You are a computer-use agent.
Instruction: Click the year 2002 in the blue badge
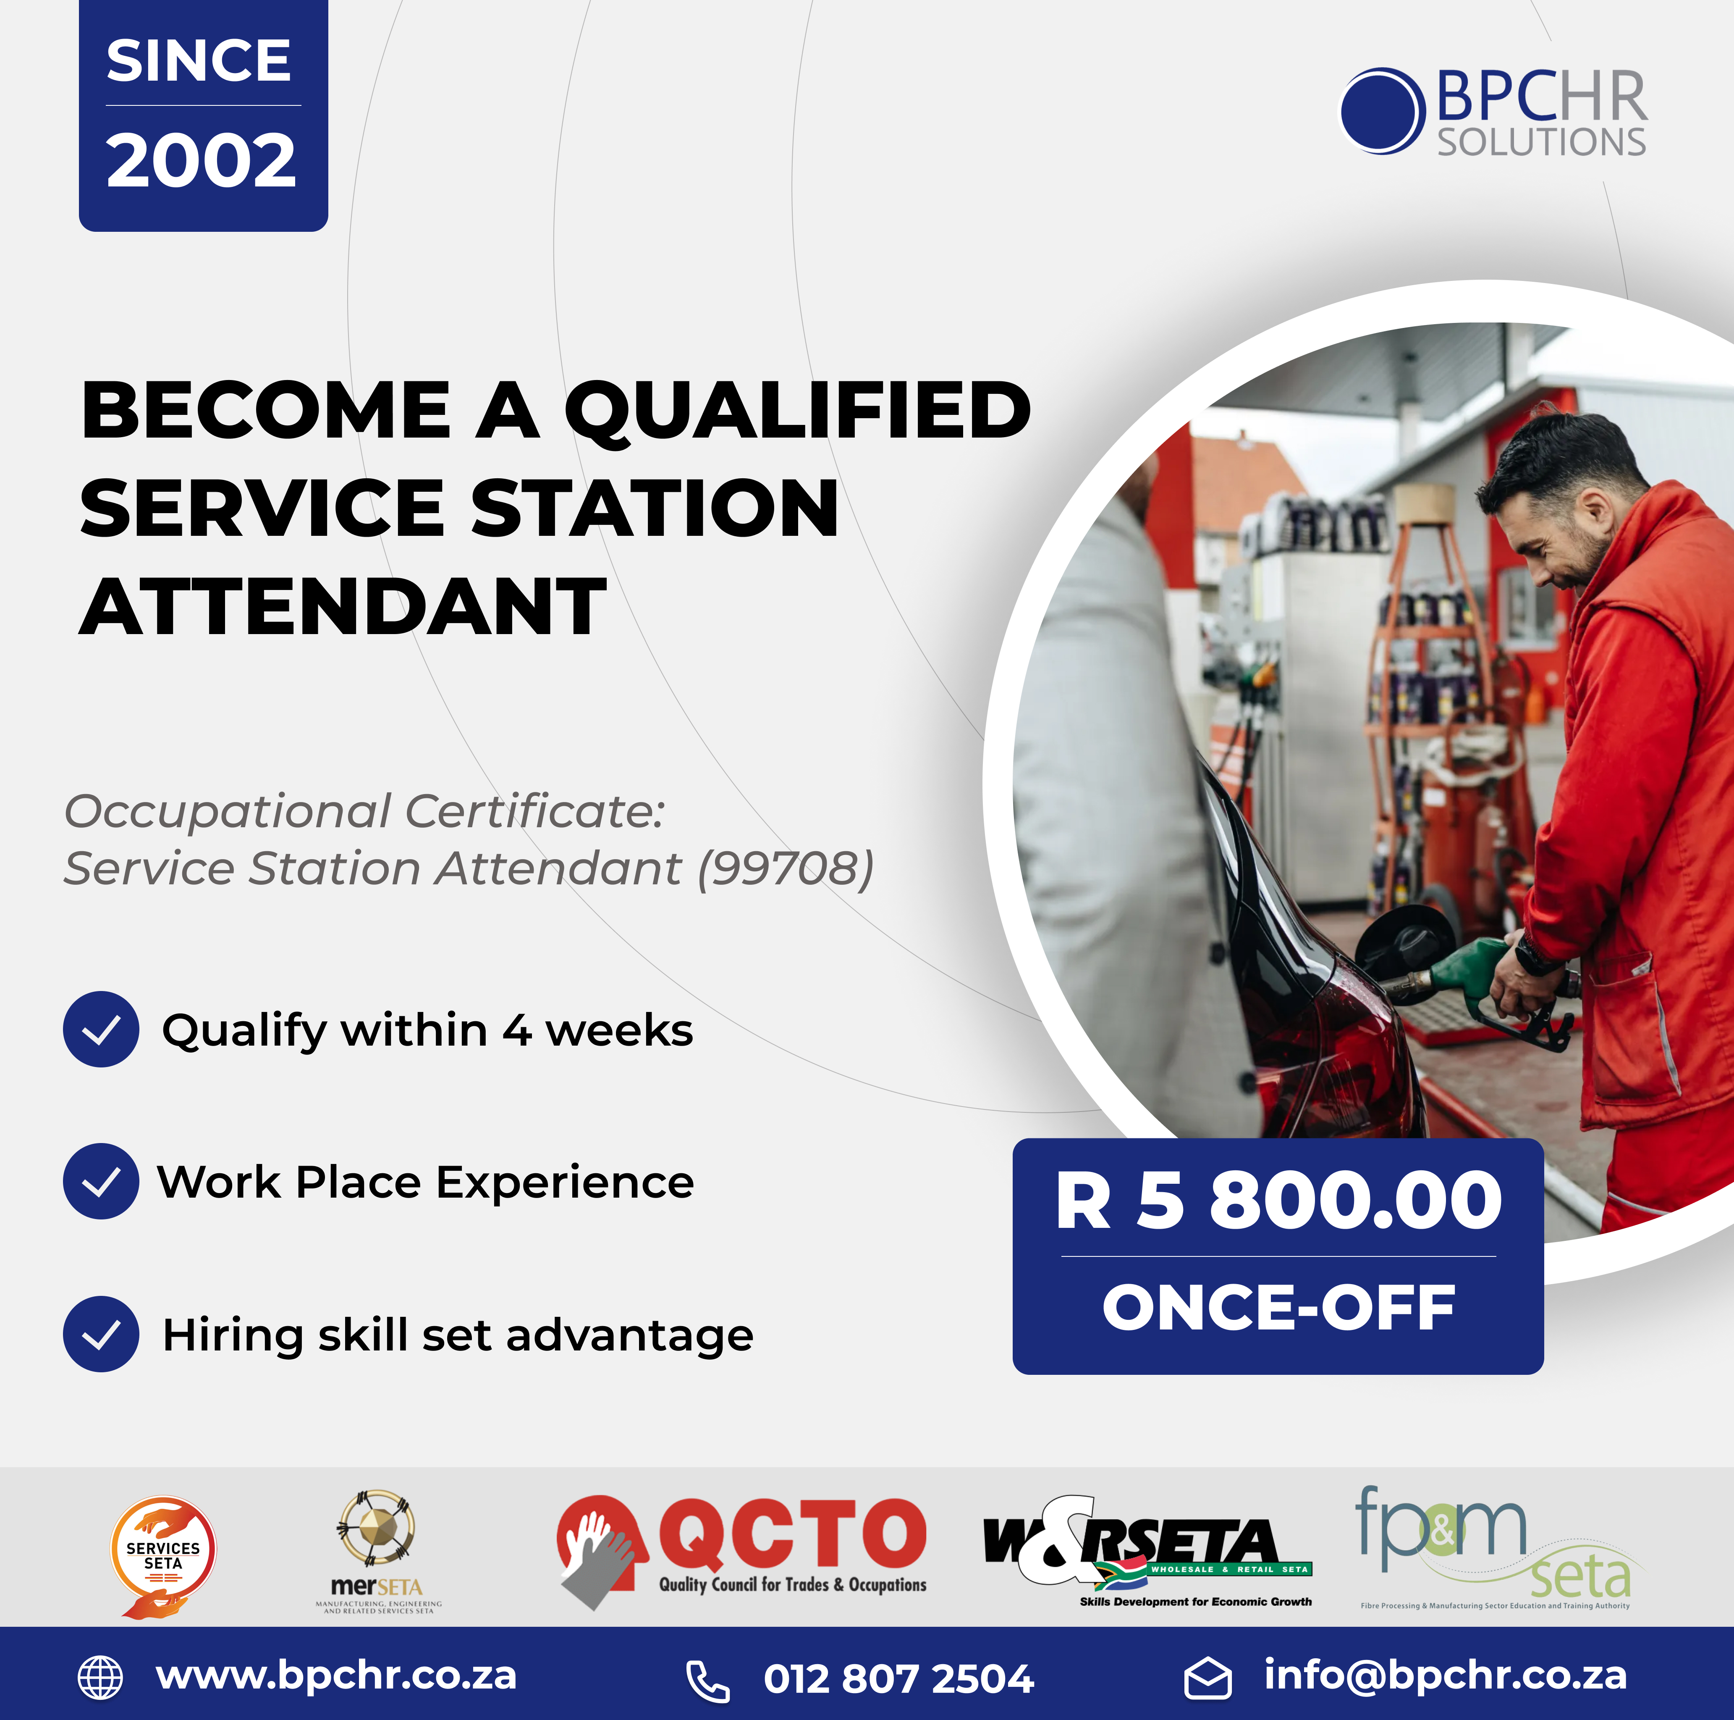[201, 162]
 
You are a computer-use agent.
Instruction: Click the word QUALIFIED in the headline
[797, 411]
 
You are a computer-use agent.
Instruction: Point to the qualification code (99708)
[785, 869]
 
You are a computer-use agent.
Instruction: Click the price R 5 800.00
[1278, 1201]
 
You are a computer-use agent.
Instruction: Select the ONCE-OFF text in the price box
[1278, 1308]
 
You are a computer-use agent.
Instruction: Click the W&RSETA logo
[1147, 1549]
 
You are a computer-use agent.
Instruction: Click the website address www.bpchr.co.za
[337, 1675]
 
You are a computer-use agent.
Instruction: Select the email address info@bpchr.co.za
[1445, 1675]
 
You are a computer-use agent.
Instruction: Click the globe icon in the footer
[100, 1677]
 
